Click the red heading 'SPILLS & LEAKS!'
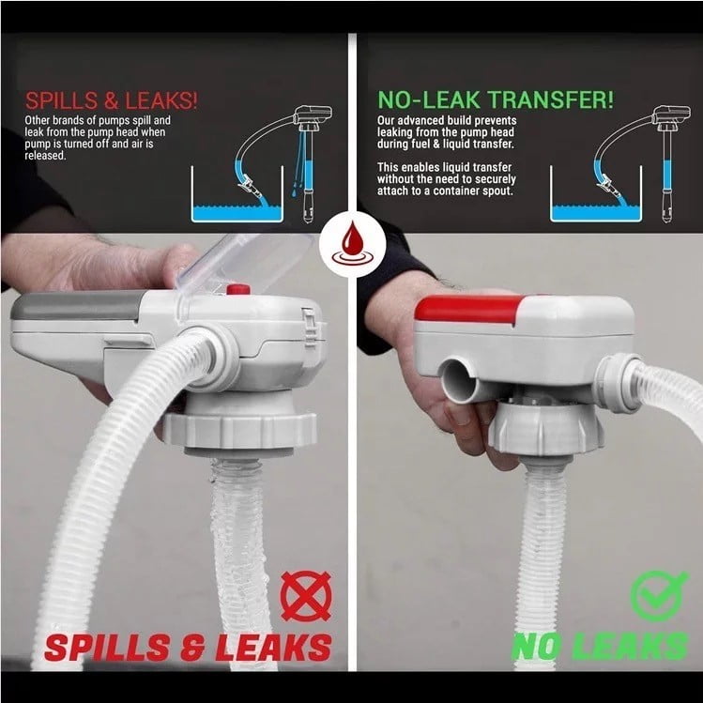pyautogui.click(x=111, y=100)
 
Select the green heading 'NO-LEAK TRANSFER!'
pyautogui.click(x=496, y=100)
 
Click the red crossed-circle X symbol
pyautogui.click(x=306, y=596)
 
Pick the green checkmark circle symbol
pyautogui.click(x=657, y=595)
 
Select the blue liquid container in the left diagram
pyautogui.click(x=237, y=193)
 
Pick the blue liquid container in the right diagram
pyautogui.click(x=596, y=193)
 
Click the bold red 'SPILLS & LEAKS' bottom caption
pyautogui.click(x=188, y=648)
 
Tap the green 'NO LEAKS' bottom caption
pyautogui.click(x=600, y=646)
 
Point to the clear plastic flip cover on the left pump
pyautogui.click(x=244, y=262)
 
